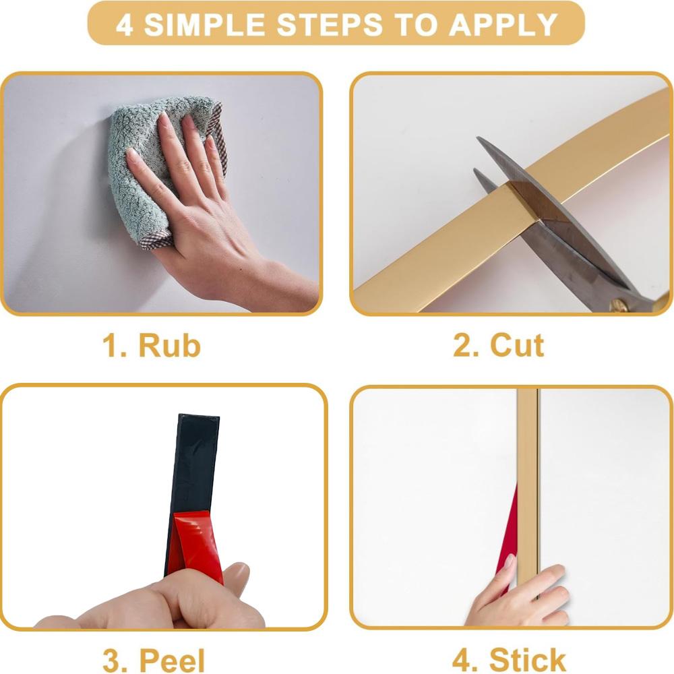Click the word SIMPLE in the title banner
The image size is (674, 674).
point(204,24)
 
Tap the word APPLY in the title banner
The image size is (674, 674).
point(503,24)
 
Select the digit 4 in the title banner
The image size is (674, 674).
point(124,24)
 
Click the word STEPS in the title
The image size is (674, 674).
point(330,24)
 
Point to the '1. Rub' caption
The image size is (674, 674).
point(152,345)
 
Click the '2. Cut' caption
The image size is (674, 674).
point(499,345)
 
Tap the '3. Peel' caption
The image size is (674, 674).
point(154,661)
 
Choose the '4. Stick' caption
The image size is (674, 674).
point(509,660)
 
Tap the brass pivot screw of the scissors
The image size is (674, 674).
point(618,305)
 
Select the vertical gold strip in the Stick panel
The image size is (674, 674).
point(528,486)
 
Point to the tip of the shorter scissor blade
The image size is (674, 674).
point(475,171)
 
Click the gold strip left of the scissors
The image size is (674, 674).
point(443,249)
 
